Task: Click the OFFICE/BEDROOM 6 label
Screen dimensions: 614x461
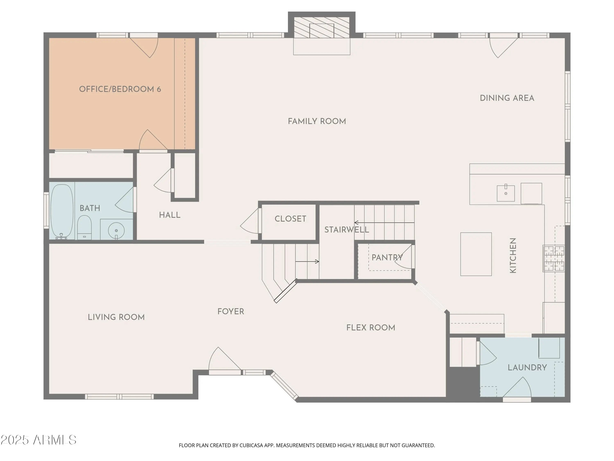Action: pyautogui.click(x=120, y=89)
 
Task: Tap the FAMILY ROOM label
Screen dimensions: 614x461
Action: pyautogui.click(x=317, y=121)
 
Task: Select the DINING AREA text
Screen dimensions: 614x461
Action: pyautogui.click(x=507, y=98)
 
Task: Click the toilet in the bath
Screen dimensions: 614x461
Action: pyautogui.click(x=84, y=227)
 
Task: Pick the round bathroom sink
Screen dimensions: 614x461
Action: pyautogui.click(x=116, y=230)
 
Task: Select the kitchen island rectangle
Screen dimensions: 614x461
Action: pyautogui.click(x=476, y=254)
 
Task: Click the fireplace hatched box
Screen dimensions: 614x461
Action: pyautogui.click(x=322, y=27)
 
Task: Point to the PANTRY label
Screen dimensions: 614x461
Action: pyautogui.click(x=387, y=258)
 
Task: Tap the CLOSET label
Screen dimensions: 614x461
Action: pyautogui.click(x=290, y=219)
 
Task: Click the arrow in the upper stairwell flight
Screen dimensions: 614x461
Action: pyautogui.click(x=384, y=223)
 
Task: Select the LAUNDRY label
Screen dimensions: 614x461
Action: pyautogui.click(x=527, y=368)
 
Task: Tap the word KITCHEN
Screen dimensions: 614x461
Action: pyautogui.click(x=513, y=255)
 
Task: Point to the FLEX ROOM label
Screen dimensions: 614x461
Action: pyautogui.click(x=371, y=328)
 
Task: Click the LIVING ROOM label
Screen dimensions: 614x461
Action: pyautogui.click(x=116, y=317)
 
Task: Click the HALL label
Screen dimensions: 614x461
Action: pyautogui.click(x=170, y=215)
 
